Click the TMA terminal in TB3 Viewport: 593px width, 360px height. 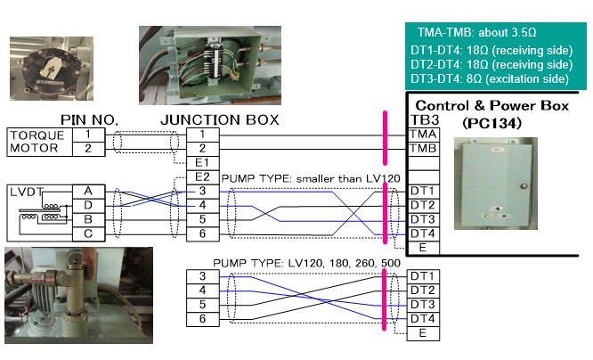click(423, 133)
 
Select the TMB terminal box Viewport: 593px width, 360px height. click(423, 148)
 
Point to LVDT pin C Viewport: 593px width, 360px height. click(87, 233)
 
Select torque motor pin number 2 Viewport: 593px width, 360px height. click(87, 148)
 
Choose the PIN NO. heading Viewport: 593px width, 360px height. click(89, 119)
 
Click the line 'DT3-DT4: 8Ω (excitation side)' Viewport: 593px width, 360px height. click(491, 79)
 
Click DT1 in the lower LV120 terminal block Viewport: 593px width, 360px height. click(423, 276)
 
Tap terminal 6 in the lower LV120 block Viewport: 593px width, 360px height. click(201, 318)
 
